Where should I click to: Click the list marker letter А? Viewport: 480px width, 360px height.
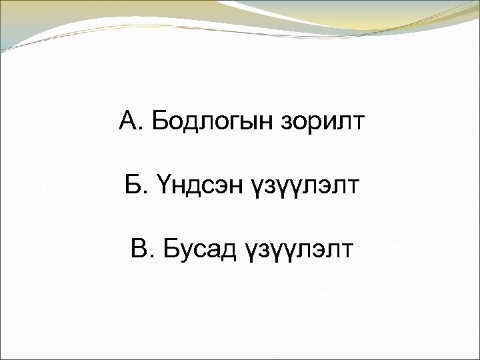[x=128, y=122]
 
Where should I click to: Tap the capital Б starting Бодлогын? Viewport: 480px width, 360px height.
[x=160, y=122]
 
